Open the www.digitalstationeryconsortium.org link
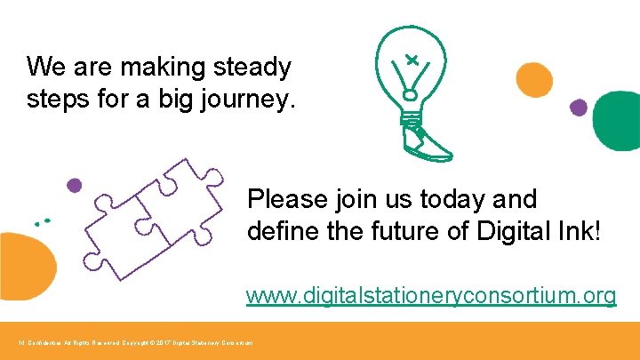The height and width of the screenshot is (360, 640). [x=431, y=296]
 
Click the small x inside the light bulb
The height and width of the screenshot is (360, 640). [x=412, y=60]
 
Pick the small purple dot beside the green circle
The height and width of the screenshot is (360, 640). [x=579, y=108]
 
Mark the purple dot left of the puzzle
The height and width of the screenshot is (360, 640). [x=74, y=185]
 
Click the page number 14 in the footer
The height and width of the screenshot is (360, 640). [x=21, y=342]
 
